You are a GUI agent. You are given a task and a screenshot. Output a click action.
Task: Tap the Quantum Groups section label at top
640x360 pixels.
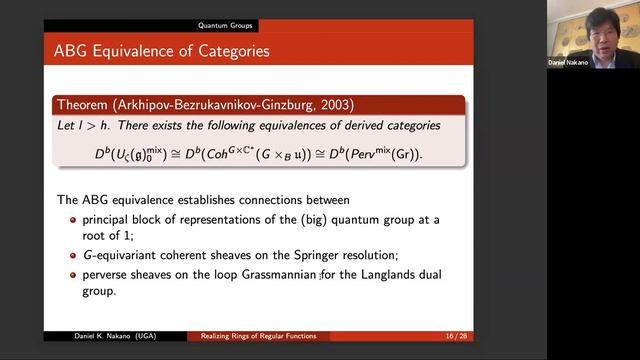pos(225,25)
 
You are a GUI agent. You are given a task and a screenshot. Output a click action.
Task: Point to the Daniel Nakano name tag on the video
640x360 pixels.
pos(569,62)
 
